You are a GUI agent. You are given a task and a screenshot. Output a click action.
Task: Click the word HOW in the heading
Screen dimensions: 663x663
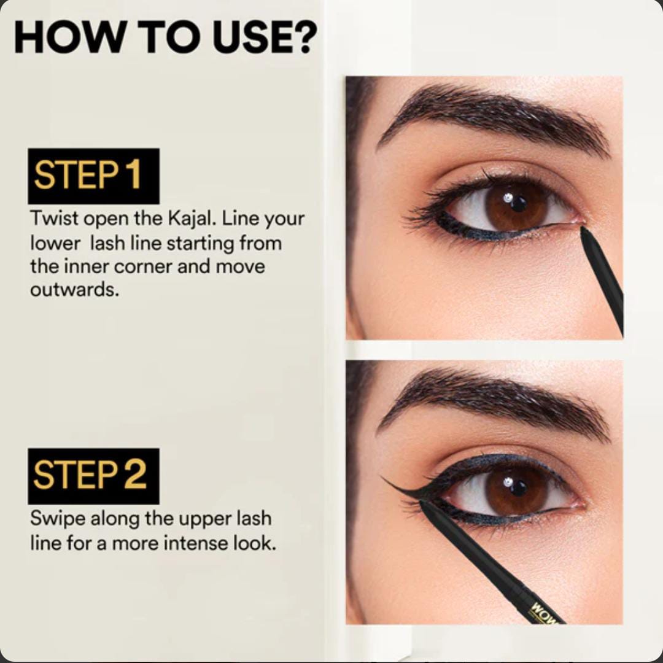pyautogui.click(x=69, y=37)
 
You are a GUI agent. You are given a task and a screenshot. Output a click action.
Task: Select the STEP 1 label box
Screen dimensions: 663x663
pyautogui.click(x=93, y=176)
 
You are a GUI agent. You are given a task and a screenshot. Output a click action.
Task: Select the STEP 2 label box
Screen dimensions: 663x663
pyautogui.click(x=93, y=476)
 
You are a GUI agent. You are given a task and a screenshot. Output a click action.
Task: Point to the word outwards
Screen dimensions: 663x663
pyautogui.click(x=74, y=290)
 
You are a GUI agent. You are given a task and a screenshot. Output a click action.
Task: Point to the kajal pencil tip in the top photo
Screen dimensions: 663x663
pyautogui.click(x=583, y=229)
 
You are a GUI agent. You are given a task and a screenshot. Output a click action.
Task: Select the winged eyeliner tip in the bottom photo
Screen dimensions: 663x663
pyautogui.click(x=382, y=478)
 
